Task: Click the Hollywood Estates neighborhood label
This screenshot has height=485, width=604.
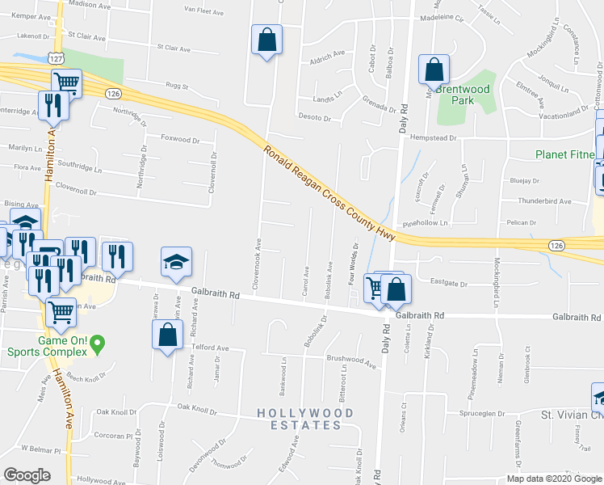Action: [x=305, y=419]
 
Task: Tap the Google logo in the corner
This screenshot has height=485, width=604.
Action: [x=26, y=474]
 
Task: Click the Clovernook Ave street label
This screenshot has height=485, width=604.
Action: [x=258, y=264]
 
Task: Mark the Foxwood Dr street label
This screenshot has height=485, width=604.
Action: [x=180, y=139]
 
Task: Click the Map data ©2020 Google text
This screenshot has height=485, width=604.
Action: [x=553, y=479]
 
